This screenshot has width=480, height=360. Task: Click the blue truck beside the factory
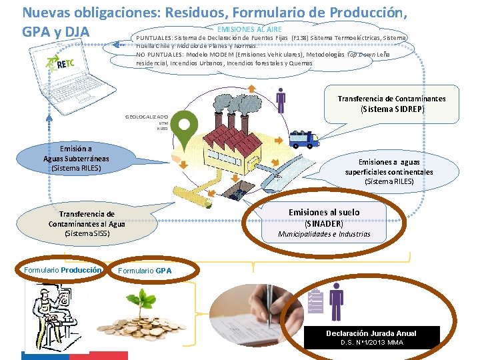[x=304, y=139]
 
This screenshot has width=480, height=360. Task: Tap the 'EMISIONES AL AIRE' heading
[x=249, y=29]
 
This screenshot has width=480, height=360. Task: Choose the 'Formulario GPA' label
[x=145, y=271]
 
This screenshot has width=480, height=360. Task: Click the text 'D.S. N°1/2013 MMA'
[x=371, y=343]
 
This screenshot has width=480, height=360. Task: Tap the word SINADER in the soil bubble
[x=324, y=223]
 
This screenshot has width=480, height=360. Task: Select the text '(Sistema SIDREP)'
[x=392, y=109]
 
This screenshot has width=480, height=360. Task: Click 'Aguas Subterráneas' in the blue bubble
[x=76, y=159]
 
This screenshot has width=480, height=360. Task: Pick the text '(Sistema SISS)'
[x=87, y=233]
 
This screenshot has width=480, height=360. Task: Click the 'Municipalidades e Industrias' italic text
[x=324, y=234]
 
